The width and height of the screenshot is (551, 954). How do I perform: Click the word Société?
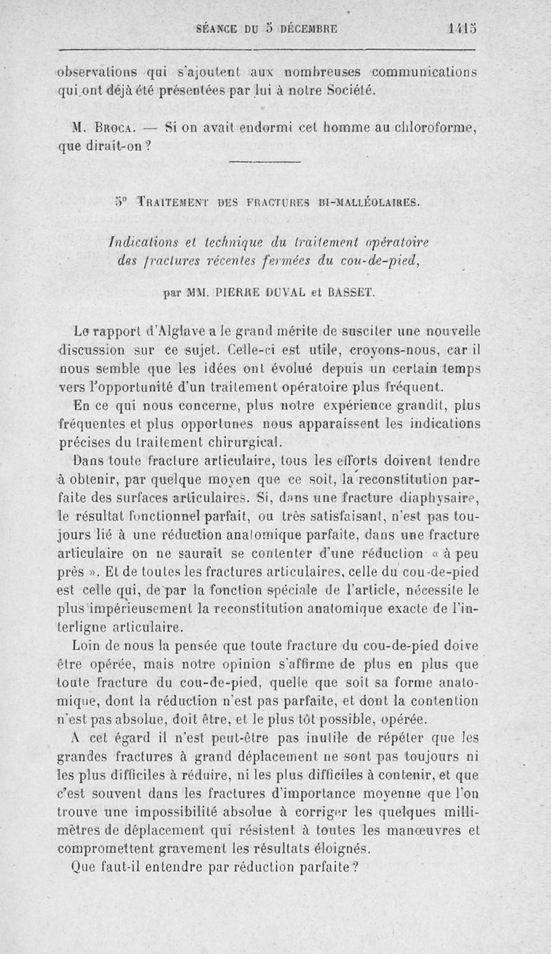(x=349, y=90)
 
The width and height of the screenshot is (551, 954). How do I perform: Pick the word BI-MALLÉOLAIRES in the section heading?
(x=366, y=203)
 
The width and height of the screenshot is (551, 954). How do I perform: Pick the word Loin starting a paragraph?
(x=85, y=645)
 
